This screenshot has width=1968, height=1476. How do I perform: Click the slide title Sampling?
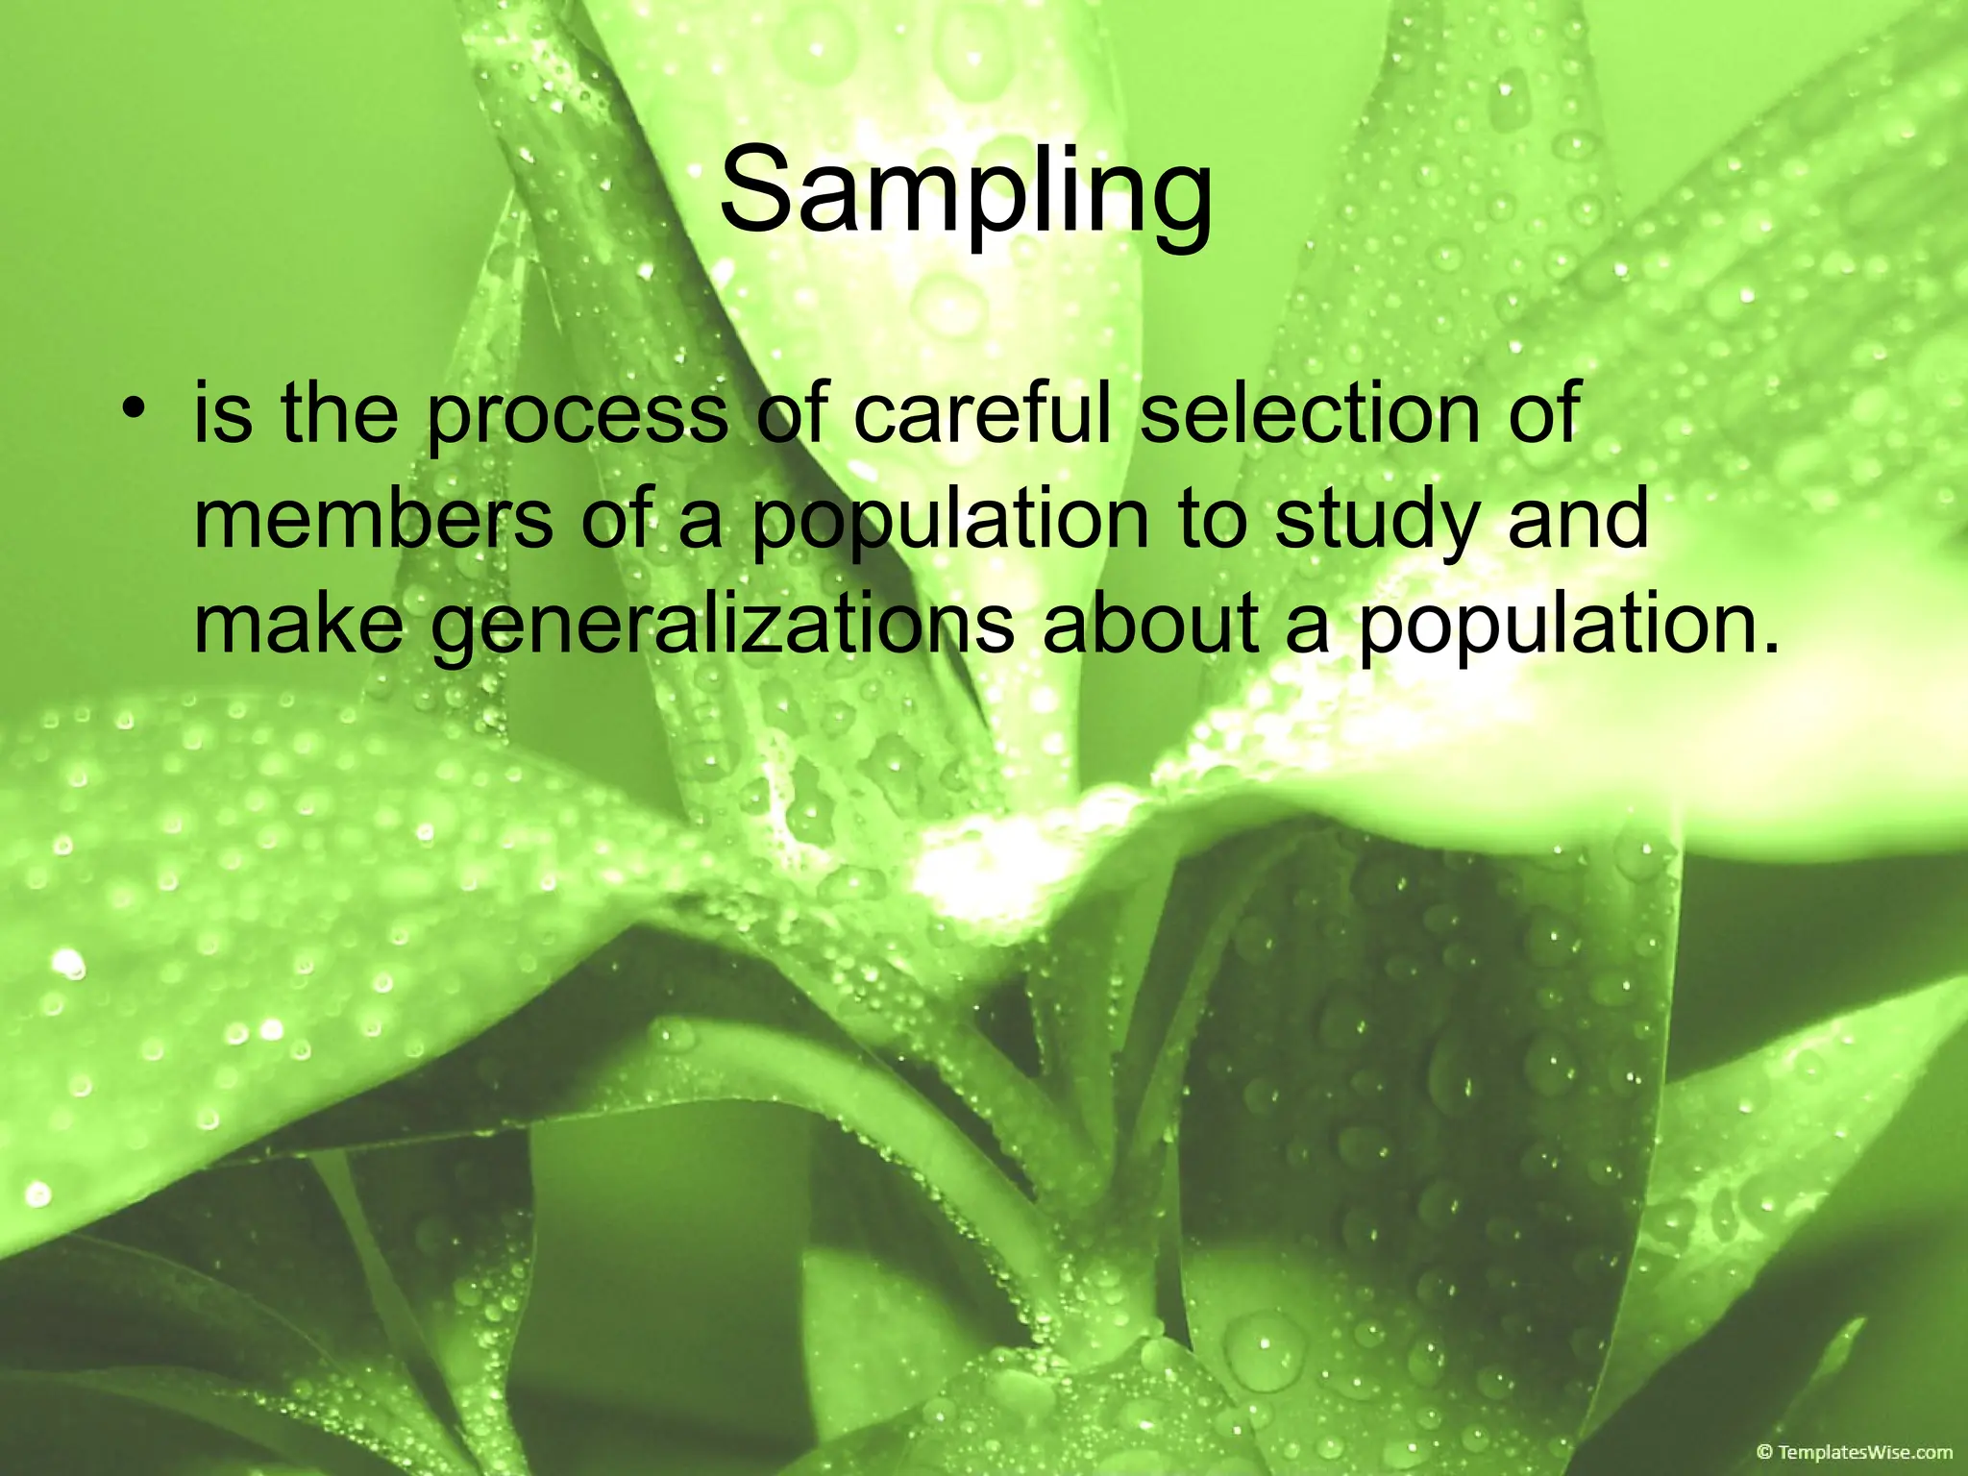966,190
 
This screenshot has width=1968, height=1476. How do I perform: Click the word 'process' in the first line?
577,415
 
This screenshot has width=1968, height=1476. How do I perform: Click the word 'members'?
373,519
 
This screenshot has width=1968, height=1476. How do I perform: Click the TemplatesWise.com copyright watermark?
1854,1452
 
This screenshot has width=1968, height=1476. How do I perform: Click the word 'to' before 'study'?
1213,520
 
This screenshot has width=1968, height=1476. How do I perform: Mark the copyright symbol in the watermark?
1764,1452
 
